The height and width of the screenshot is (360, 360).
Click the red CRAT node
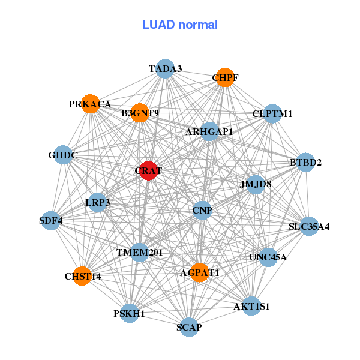tap(148, 170)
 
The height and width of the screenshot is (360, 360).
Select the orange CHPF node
tap(224, 77)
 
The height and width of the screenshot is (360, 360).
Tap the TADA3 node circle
tap(165, 68)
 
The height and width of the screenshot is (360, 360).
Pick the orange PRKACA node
tap(90, 104)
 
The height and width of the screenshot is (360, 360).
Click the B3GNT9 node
tap(140, 113)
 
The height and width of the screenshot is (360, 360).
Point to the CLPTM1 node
tap(272, 113)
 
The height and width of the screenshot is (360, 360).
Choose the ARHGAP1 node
tap(209, 131)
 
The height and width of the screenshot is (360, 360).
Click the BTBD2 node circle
tap(306, 162)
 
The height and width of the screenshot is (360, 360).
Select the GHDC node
tap(63, 155)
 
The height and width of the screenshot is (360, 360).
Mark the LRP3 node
tap(97, 202)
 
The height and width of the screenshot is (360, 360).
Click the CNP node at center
tap(202, 211)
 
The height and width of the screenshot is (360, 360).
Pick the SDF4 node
tap(51, 220)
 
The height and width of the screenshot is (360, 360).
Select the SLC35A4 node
tap(309, 226)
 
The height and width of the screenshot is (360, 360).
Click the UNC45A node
tap(268, 257)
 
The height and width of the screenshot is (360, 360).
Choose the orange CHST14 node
tap(83, 276)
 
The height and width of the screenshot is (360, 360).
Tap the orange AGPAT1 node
tap(200, 272)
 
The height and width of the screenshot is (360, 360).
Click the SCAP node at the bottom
tap(189, 327)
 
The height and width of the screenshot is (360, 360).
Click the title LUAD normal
tap(180, 25)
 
